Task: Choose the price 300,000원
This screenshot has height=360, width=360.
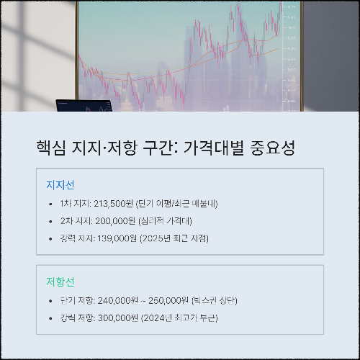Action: [x=117, y=318]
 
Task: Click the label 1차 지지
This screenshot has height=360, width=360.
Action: [x=75, y=204]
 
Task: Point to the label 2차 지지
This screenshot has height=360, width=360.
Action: [x=76, y=221]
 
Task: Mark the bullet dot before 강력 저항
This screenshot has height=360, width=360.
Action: [x=50, y=318]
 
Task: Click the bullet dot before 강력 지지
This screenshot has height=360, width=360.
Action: [x=50, y=238]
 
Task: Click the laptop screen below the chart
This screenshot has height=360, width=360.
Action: [x=84, y=106]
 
